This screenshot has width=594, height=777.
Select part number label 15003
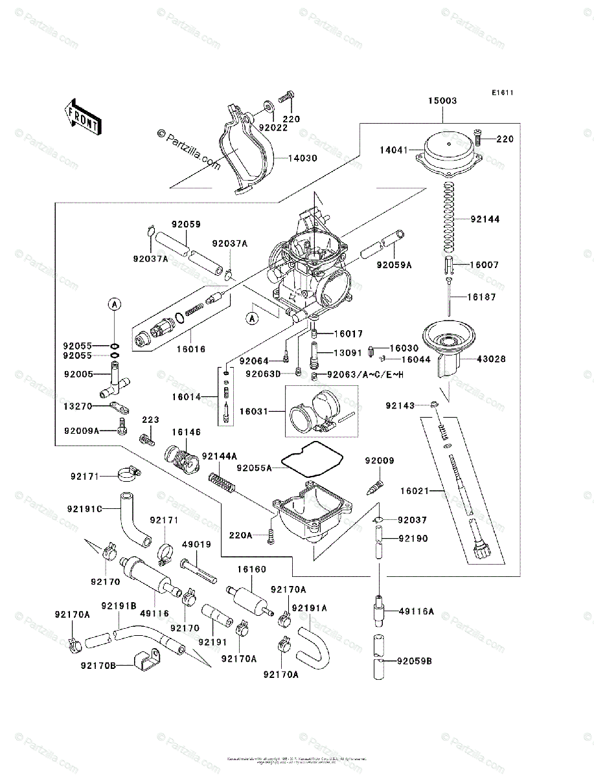[x=442, y=101]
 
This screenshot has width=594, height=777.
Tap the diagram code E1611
[x=501, y=93]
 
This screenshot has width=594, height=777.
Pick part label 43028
[x=492, y=359]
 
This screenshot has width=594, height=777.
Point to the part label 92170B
[x=97, y=665]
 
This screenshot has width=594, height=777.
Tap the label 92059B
[x=415, y=661]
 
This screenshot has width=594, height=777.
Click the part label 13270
[x=78, y=406]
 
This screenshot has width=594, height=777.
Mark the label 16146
[x=186, y=432]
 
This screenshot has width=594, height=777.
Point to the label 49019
[x=196, y=545]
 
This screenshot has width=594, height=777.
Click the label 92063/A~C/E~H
[x=365, y=374]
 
